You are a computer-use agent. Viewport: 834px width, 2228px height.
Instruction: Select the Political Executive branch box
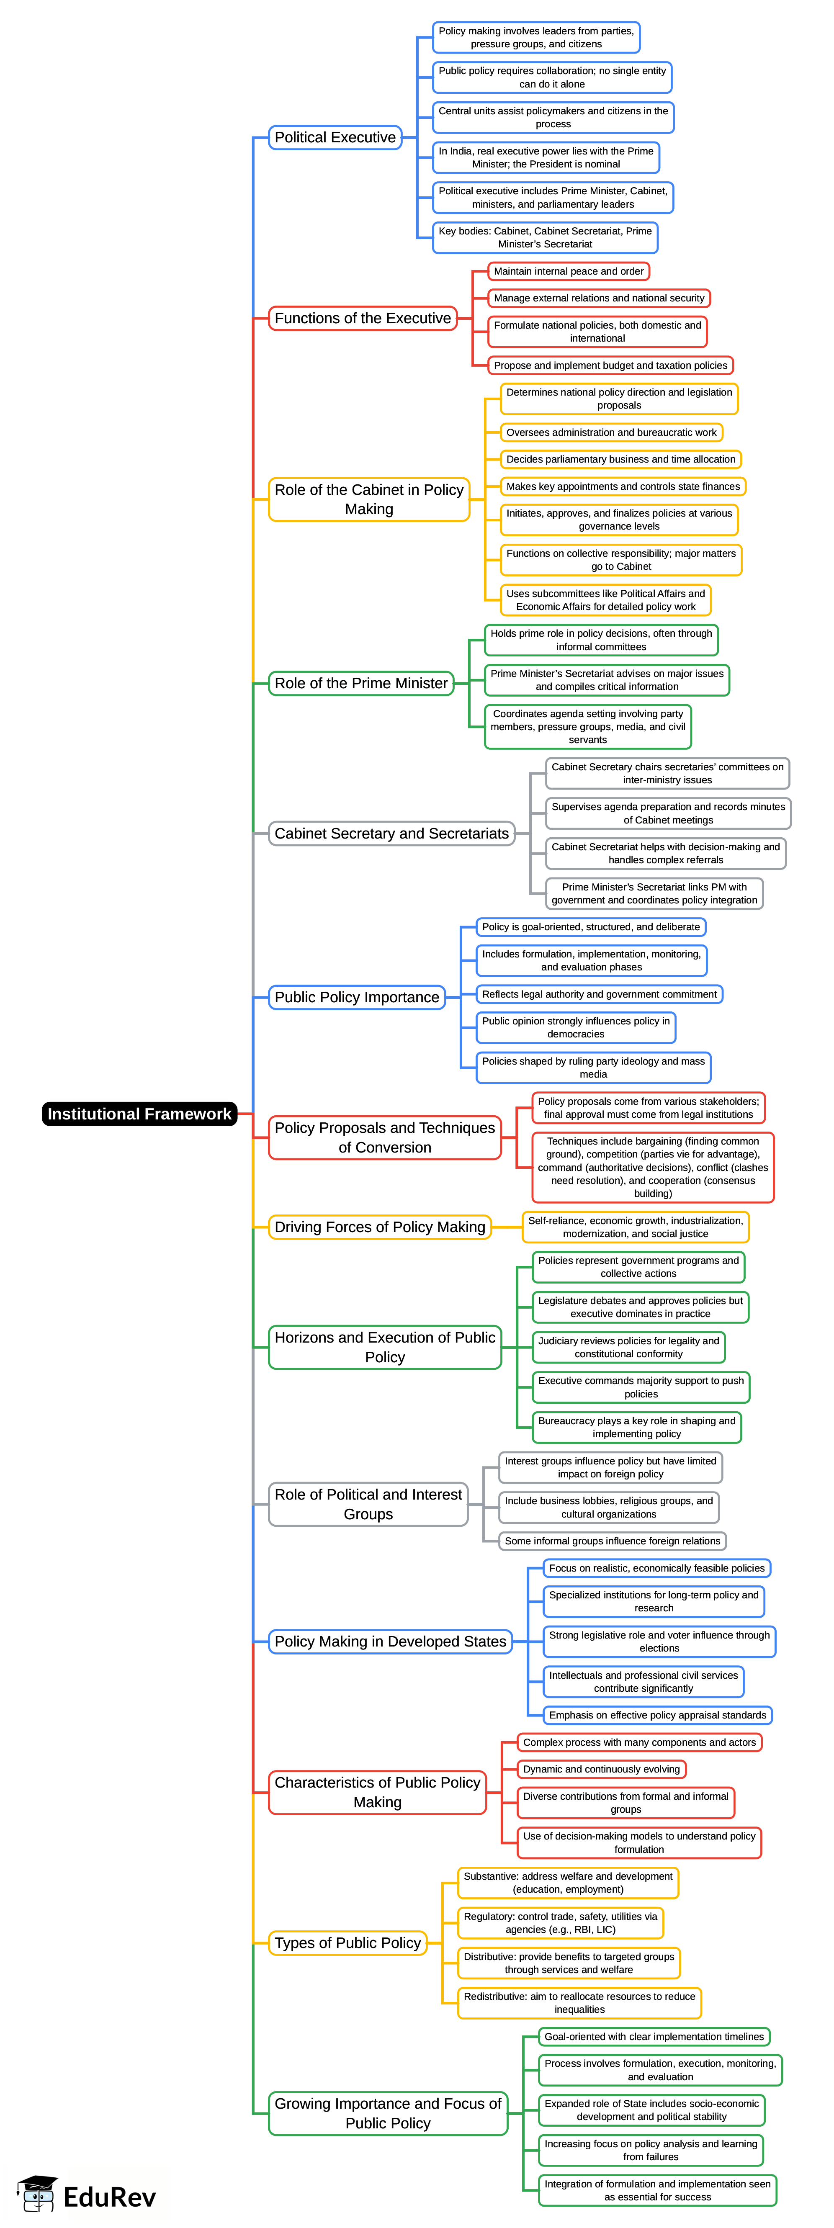[x=335, y=137]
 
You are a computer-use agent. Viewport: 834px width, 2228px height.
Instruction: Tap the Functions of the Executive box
[x=363, y=318]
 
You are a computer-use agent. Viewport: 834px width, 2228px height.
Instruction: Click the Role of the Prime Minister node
[x=361, y=683]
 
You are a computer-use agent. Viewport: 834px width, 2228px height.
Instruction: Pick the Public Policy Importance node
[x=356, y=997]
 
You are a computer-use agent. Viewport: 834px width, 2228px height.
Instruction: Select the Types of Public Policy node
[x=348, y=1942]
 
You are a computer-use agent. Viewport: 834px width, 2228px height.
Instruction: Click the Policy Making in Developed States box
[x=390, y=1641]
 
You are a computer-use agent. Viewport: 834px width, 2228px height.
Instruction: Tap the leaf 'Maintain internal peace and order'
[x=569, y=272]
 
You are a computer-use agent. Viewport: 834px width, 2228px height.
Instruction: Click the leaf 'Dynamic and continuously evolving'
[x=601, y=1770]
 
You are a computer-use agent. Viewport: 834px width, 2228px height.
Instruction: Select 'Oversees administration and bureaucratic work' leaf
[x=611, y=432]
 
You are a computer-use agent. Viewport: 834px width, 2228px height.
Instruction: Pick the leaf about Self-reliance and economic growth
[x=635, y=1227]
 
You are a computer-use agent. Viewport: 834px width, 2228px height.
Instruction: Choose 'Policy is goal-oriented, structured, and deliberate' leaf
[x=591, y=927]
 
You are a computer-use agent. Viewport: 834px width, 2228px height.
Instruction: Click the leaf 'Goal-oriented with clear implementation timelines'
[x=654, y=2037]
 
